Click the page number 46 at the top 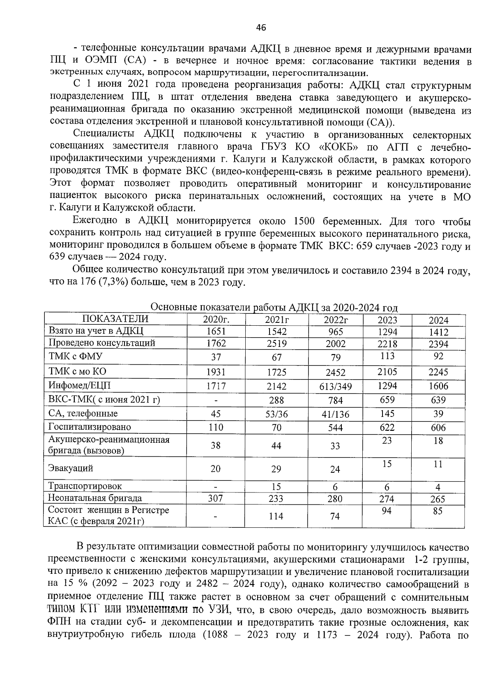[261, 28]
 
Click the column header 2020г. [216, 320]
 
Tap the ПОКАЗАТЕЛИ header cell [115, 319]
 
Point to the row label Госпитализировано [90, 427]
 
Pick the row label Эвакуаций [71, 468]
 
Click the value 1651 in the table [216, 331]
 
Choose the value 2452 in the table [335, 373]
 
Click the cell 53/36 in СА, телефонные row [276, 414]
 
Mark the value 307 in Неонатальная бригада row [215, 498]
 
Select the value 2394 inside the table [438, 344]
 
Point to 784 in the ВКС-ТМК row [335, 400]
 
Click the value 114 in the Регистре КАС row [276, 516]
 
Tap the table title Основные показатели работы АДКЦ [274, 308]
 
